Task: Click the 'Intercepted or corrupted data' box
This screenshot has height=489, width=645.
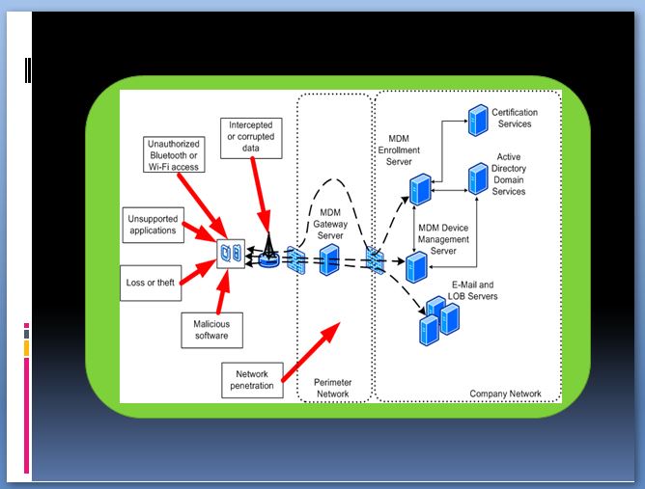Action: pyautogui.click(x=251, y=138)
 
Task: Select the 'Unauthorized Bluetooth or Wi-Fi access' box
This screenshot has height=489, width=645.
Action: pyautogui.click(x=174, y=154)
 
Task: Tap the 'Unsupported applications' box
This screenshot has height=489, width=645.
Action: pyautogui.click(x=153, y=225)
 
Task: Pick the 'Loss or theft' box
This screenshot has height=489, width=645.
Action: pyautogui.click(x=151, y=284)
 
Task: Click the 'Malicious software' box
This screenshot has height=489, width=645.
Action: pyautogui.click(x=211, y=330)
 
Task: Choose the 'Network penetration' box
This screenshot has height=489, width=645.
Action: pyautogui.click(x=252, y=380)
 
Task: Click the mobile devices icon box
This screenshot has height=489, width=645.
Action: pyautogui.click(x=231, y=254)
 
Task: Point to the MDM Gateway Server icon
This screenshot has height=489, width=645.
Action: pyautogui.click(x=329, y=259)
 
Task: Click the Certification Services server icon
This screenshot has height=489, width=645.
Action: pyautogui.click(x=478, y=120)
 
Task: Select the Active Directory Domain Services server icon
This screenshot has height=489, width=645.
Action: pyautogui.click(x=478, y=178)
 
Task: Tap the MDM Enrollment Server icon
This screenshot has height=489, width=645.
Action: pyautogui.click(x=420, y=189)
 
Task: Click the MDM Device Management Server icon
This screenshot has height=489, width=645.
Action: pyautogui.click(x=416, y=267)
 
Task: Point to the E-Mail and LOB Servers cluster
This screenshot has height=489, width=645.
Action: pyautogui.click(x=439, y=321)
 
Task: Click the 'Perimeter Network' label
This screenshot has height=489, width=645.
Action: pyautogui.click(x=333, y=388)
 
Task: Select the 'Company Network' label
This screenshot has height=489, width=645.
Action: pyautogui.click(x=505, y=394)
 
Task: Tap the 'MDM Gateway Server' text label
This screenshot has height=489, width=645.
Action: pyautogui.click(x=330, y=224)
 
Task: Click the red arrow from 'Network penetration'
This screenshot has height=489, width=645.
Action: pyautogui.click(x=311, y=352)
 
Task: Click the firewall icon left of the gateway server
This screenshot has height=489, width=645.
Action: pyautogui.click(x=296, y=260)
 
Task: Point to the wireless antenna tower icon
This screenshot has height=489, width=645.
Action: pyautogui.click(x=269, y=251)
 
